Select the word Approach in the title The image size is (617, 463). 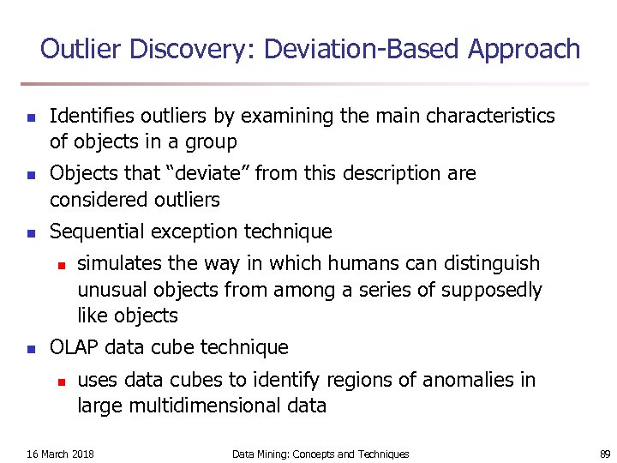tap(524, 49)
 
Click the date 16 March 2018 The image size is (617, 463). tap(61, 454)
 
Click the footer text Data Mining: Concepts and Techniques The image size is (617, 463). tap(320, 454)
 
